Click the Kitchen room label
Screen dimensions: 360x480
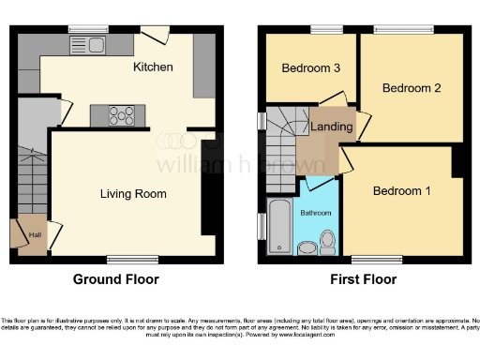click(153, 67)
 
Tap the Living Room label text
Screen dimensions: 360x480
click(133, 194)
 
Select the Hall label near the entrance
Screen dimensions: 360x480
click(35, 235)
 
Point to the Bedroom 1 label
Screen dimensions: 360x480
click(402, 191)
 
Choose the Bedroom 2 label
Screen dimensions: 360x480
click(412, 87)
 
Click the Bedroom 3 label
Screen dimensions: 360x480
click(310, 67)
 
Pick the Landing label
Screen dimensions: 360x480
click(332, 127)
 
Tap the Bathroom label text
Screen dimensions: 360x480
click(315, 212)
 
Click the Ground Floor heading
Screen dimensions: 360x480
click(116, 279)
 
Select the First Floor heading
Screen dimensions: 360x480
click(363, 279)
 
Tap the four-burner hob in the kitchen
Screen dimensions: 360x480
click(122, 116)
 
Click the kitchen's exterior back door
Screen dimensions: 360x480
click(161, 35)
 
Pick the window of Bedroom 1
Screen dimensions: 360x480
click(371, 259)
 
